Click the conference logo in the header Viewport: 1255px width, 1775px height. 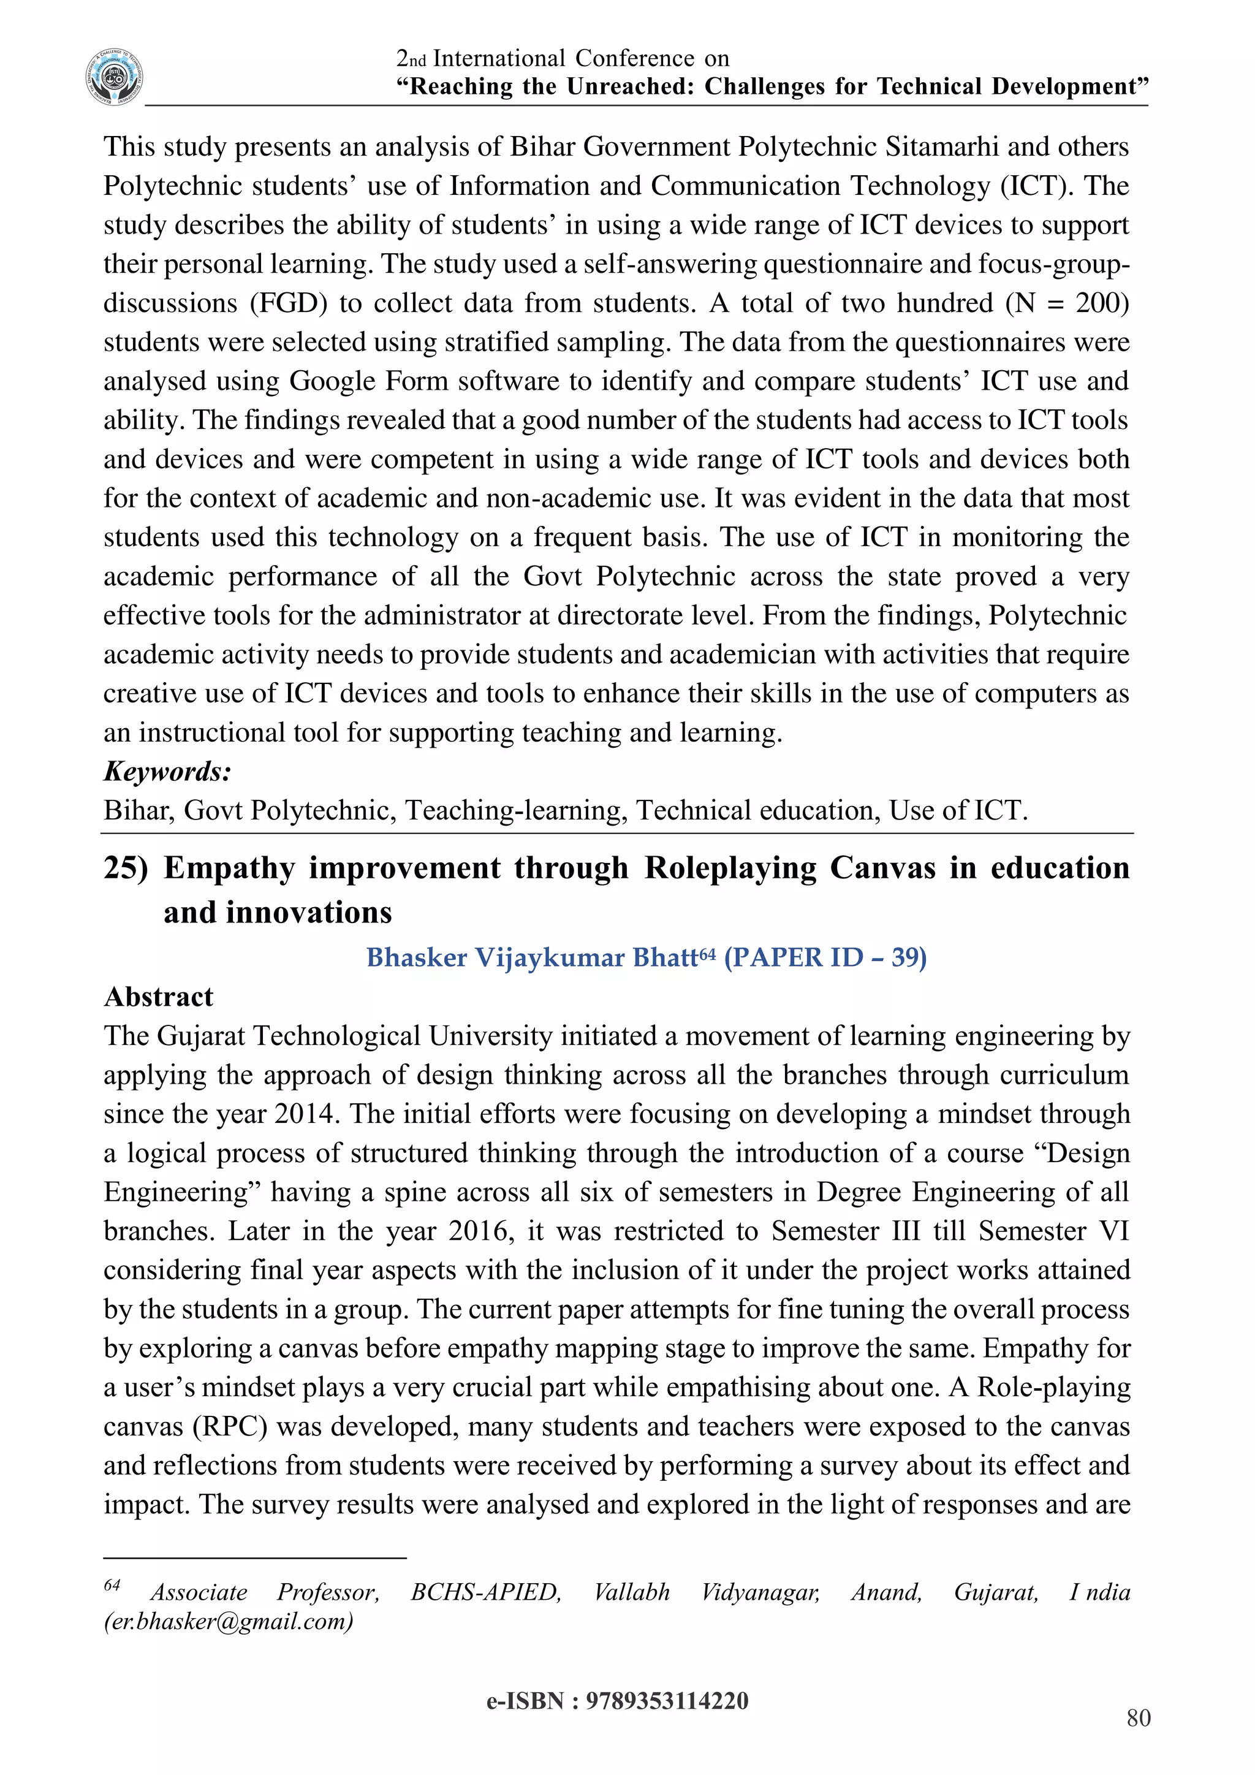coord(115,77)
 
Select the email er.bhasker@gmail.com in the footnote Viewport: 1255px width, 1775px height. coord(229,1621)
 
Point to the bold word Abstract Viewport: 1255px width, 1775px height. coord(159,997)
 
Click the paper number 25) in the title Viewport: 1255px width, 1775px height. coord(125,868)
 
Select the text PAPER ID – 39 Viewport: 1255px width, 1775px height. coord(825,958)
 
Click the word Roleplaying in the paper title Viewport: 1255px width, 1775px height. coord(730,868)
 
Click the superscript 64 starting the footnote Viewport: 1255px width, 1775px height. coord(112,1586)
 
